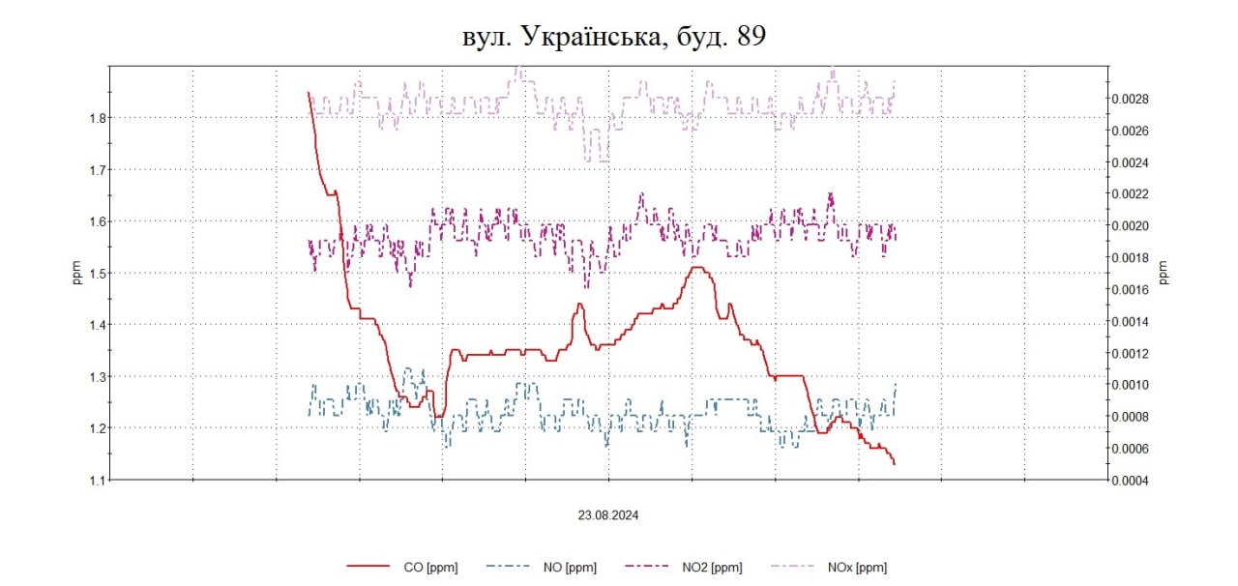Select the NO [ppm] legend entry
pyautogui.click(x=570, y=568)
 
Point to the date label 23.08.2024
pyautogui.click(x=608, y=515)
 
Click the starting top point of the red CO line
pyautogui.click(x=309, y=93)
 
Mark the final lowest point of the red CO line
pyautogui.click(x=895, y=464)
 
